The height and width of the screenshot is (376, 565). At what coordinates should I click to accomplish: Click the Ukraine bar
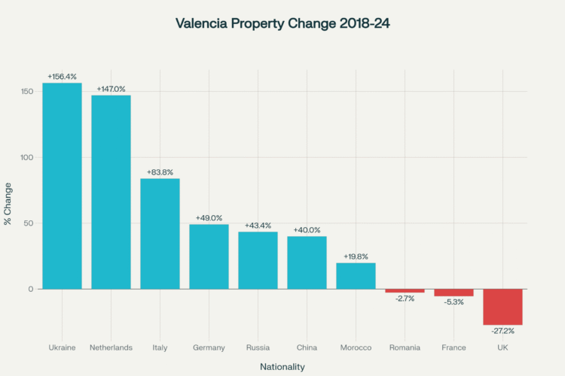click(x=62, y=186)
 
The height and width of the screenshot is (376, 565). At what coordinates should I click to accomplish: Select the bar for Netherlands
click(x=111, y=192)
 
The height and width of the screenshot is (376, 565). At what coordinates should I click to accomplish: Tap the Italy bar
click(x=160, y=233)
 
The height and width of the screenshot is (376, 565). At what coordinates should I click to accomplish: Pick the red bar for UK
click(x=502, y=307)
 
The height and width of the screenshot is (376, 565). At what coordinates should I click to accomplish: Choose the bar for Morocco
click(x=356, y=275)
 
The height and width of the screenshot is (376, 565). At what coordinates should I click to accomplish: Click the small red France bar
click(x=454, y=293)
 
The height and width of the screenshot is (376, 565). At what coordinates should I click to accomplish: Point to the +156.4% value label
click(x=62, y=77)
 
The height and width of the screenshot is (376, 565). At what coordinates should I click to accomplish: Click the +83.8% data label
click(x=160, y=172)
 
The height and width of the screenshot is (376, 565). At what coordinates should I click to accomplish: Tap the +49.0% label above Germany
click(x=209, y=218)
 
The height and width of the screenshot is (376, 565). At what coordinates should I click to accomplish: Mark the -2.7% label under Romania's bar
click(x=405, y=299)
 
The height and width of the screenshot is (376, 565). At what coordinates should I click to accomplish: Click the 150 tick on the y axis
click(x=27, y=92)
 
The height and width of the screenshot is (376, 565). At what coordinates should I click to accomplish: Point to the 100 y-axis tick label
click(x=27, y=157)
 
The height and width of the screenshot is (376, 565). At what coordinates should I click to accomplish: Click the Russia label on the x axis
click(x=258, y=347)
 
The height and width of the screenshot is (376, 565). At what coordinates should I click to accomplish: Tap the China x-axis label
click(x=307, y=347)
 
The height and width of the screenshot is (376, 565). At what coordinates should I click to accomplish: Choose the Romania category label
click(x=405, y=347)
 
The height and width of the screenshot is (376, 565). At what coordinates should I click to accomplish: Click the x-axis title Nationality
click(x=282, y=366)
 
